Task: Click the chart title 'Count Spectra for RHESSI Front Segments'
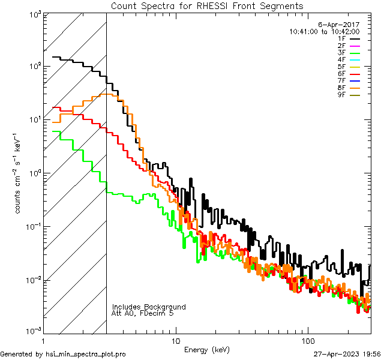(x=207, y=6)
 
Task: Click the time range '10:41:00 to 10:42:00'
(x=324, y=31)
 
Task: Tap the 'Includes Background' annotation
(x=149, y=307)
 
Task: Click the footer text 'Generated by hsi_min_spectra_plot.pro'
(x=63, y=355)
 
